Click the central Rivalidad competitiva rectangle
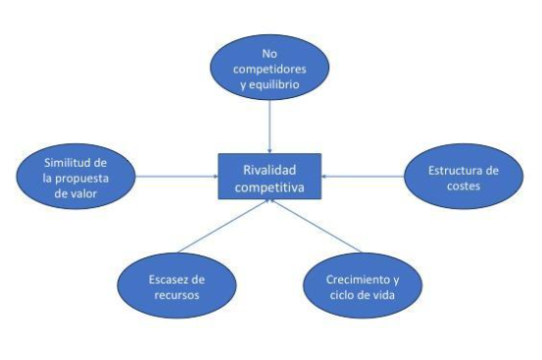(x=270, y=176)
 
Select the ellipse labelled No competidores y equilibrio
(x=270, y=68)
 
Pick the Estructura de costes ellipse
(x=463, y=177)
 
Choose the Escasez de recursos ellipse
(x=175, y=285)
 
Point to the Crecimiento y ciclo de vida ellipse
(x=363, y=285)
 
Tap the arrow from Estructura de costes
(x=363, y=177)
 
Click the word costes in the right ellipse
(x=464, y=184)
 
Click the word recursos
(x=175, y=293)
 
